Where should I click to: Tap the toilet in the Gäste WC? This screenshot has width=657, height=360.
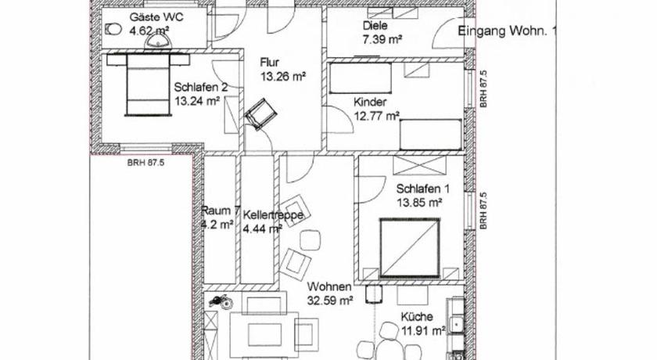(113, 29)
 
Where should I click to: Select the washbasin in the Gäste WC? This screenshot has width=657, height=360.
(158, 41)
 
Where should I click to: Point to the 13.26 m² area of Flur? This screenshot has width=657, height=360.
(283, 77)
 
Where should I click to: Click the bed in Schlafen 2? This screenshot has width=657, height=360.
(149, 85)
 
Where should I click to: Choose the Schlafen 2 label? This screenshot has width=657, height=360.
(201, 87)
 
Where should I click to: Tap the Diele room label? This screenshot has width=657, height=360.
(375, 26)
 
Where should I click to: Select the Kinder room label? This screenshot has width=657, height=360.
(370, 102)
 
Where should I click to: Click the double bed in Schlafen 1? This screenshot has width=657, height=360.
(410, 247)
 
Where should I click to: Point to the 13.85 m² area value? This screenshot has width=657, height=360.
(419, 203)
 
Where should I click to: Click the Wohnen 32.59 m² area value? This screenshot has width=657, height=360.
(330, 301)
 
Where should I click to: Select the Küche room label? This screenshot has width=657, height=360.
(417, 317)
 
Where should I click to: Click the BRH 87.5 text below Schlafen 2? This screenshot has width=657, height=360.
(145, 163)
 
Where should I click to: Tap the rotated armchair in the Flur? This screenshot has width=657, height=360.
(260, 113)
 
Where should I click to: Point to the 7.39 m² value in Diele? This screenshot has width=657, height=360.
(382, 39)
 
